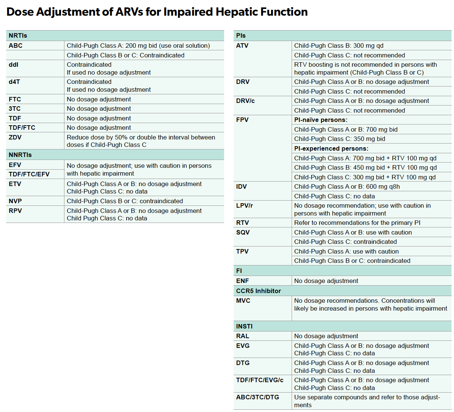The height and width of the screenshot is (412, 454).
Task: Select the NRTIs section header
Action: (18, 35)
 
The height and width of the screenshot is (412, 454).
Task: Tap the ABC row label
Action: (16, 45)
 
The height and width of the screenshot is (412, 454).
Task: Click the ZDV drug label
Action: (15, 137)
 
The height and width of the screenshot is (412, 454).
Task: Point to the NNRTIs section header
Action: (20, 155)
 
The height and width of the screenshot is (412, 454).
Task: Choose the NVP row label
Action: (15, 201)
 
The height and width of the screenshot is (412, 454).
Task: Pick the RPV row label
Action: (15, 211)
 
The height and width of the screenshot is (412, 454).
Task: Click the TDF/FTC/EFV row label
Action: (29, 174)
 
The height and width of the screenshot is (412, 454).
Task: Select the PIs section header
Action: (241, 35)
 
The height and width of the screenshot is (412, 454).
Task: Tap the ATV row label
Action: (242, 45)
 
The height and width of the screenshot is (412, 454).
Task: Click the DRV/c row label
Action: (245, 101)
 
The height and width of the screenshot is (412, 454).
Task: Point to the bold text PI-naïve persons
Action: (321, 120)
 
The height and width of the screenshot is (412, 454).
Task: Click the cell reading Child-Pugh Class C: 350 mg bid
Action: (340, 139)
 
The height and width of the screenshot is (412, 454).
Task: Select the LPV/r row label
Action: (244, 205)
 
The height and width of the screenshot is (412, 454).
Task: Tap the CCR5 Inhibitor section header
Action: (258, 291)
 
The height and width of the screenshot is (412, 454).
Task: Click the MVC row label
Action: (243, 301)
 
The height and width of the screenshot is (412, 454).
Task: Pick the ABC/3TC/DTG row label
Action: (258, 397)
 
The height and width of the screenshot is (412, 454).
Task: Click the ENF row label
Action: (242, 281)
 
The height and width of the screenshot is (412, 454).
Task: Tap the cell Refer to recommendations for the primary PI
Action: (357, 223)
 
